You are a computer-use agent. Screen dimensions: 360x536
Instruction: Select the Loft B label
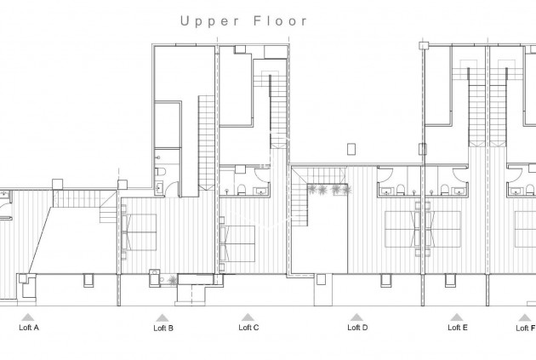[163, 327]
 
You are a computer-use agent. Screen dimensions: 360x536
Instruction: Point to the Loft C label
[248, 327]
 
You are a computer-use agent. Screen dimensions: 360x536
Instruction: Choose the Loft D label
[357, 327]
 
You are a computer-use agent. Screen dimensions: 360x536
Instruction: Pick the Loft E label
[458, 327]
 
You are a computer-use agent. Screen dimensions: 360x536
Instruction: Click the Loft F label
[525, 327]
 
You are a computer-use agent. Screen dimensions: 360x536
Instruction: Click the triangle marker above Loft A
[28, 317]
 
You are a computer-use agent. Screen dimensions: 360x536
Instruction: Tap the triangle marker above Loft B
[163, 317]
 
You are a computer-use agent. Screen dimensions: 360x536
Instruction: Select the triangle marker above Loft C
[248, 317]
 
